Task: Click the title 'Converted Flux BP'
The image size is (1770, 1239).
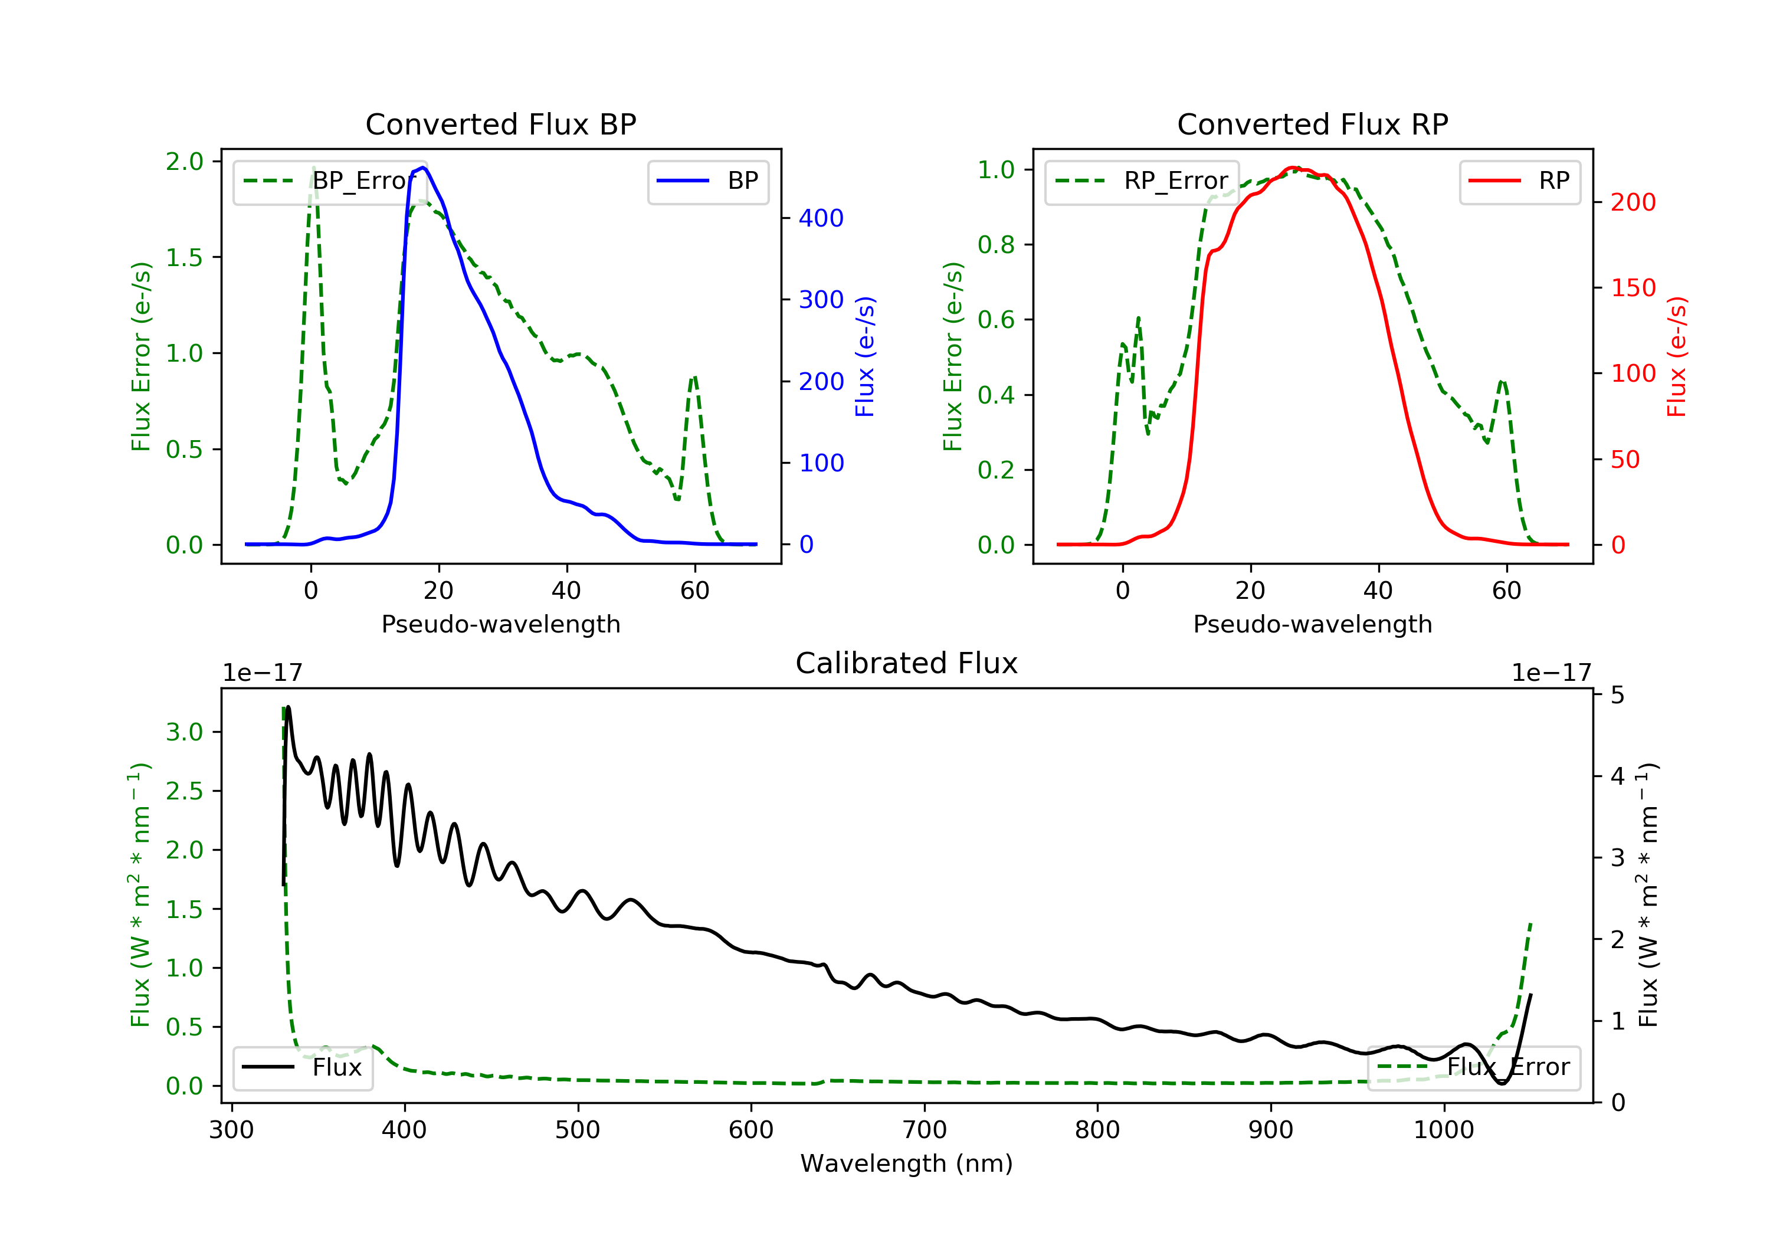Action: coord(500,124)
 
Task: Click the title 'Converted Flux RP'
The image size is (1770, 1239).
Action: coord(1312,124)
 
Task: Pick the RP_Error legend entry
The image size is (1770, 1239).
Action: coord(1142,181)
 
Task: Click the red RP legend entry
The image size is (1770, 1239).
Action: coord(1519,181)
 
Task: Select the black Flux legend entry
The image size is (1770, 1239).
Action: coord(303,1067)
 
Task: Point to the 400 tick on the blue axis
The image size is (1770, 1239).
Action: coord(821,218)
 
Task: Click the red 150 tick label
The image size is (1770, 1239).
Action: coord(1633,287)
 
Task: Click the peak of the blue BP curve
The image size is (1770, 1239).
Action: coord(423,168)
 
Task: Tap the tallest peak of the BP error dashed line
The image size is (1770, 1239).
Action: coord(313,168)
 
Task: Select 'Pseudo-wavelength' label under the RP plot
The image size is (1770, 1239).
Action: coord(1312,624)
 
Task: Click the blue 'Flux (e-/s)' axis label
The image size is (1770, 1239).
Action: coord(865,356)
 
